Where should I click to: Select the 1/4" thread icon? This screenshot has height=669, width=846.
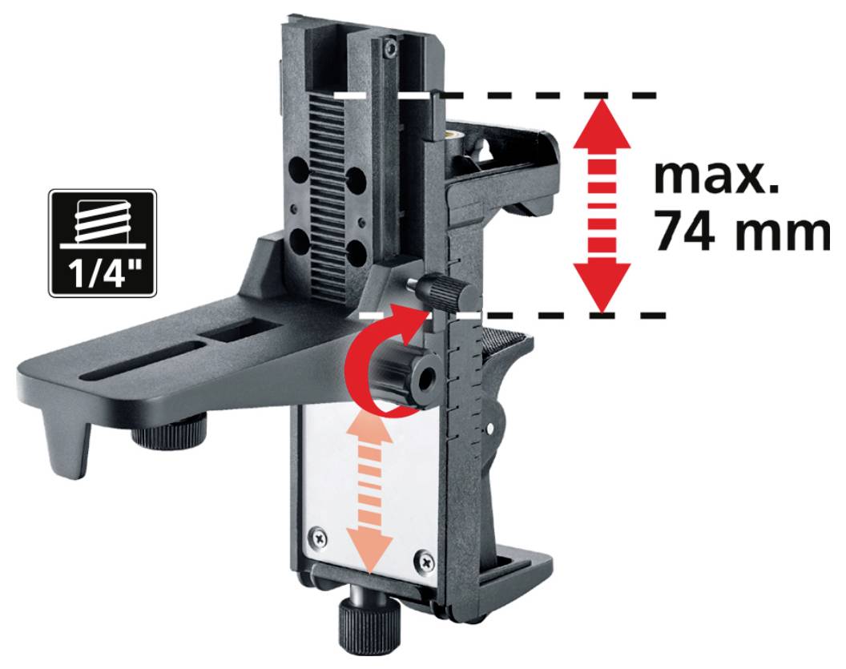[x=102, y=243]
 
